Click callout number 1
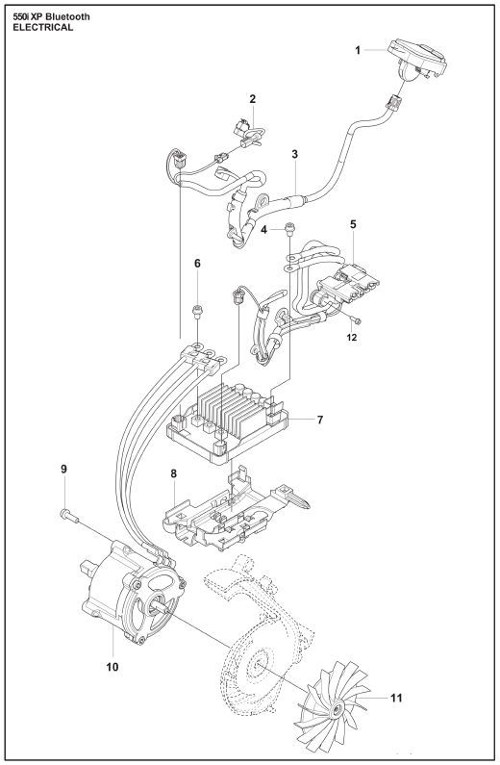coord(358,50)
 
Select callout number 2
coord(253,99)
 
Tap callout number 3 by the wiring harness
coord(295,154)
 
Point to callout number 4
coord(264,229)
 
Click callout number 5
coord(353,224)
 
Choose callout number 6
coord(197,264)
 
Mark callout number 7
coord(319,420)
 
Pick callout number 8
coord(173,473)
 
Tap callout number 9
coord(63,469)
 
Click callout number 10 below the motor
coord(112,667)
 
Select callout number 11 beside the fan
coord(397,699)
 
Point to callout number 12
coord(352,337)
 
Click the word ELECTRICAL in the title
coord(43,27)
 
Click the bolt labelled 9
coord(69,515)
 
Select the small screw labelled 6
coord(198,311)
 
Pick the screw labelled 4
coord(289,228)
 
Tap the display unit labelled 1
coord(416,60)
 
